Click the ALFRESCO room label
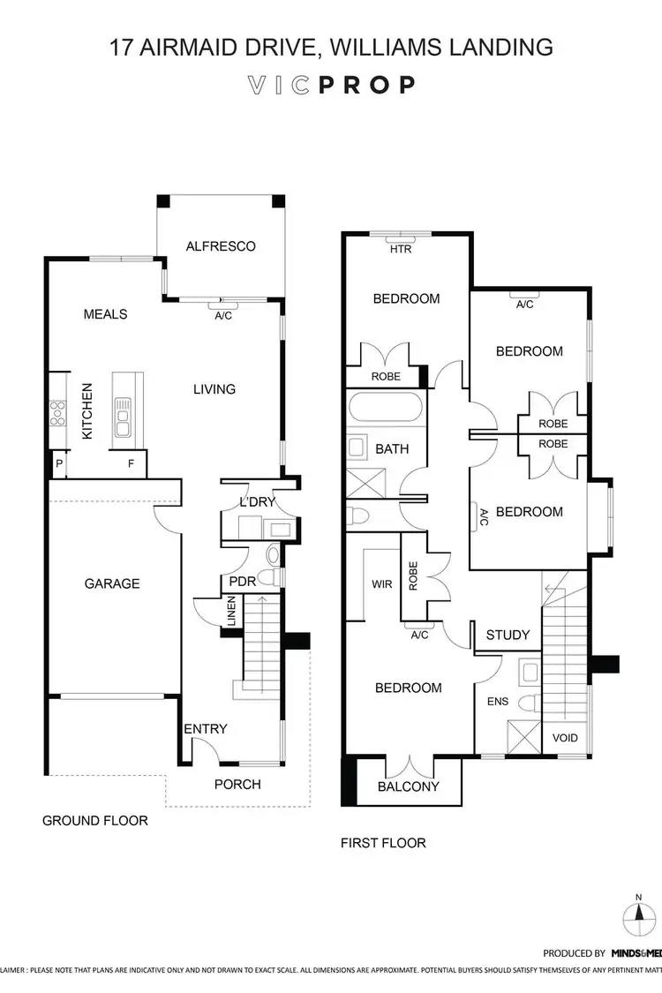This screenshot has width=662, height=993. coord(221,246)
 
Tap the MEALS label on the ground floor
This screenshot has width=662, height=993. coord(105,314)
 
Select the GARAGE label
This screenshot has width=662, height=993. coord(112,583)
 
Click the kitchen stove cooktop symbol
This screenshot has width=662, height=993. coord(58,413)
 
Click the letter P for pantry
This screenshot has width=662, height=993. coord(59,463)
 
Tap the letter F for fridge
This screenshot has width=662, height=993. coord(131,463)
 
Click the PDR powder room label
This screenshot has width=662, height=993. coord(243,583)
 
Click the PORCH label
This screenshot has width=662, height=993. coord(237,783)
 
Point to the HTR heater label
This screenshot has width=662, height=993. coord(401,249)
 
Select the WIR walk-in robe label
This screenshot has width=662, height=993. coord(381,584)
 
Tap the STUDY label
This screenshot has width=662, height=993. coord(508,635)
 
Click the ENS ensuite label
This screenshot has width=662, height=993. coord(498,702)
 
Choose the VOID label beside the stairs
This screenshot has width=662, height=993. coord(565,738)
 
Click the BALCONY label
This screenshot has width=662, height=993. coord(409,786)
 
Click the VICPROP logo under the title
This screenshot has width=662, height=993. coord(331,85)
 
